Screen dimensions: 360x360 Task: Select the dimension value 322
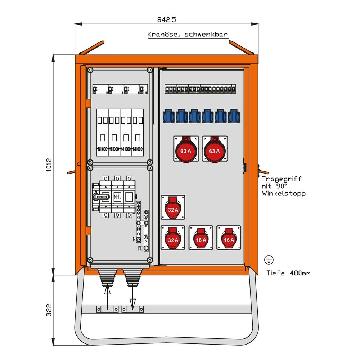tap(49, 310)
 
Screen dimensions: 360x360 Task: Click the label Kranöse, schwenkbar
tap(187, 35)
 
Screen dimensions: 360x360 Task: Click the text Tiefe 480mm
tap(288, 273)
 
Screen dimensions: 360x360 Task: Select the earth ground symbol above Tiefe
tap(267, 259)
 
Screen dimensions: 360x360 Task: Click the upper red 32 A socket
tap(173, 208)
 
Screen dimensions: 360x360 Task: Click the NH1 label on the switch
tap(117, 197)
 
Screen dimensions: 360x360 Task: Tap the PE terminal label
tap(140, 248)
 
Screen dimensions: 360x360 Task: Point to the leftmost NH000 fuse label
tap(102, 149)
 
